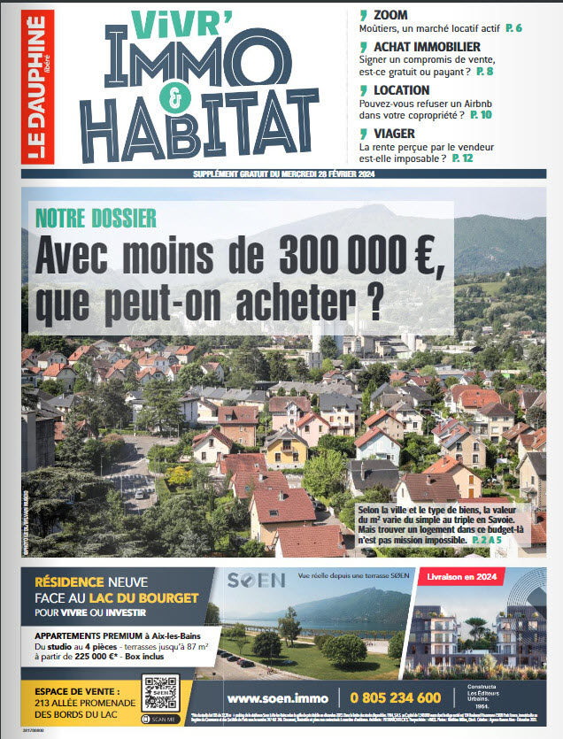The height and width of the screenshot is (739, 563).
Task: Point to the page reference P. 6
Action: [x=513, y=29]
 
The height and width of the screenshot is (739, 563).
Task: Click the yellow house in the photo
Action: [x=286, y=447]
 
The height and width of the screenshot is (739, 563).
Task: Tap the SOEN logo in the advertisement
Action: [x=257, y=581]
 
